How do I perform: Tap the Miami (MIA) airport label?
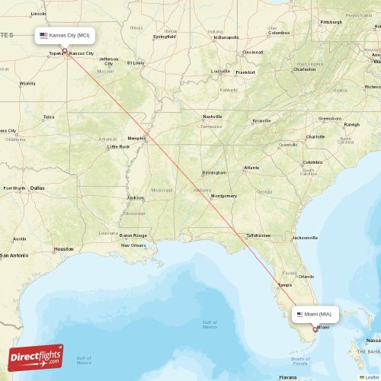tap(315, 314)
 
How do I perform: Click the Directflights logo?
tap(36, 357)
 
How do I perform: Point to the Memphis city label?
tap(136, 138)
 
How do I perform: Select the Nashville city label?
tap(212, 116)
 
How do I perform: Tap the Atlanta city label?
tap(251, 168)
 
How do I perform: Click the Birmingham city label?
tap(214, 172)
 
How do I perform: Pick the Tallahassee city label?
tap(258, 235)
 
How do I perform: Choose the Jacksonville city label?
tap(305, 238)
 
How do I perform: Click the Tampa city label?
tap(284, 285)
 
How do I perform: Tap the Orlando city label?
tap(306, 276)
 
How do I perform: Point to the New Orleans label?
tap(133, 245)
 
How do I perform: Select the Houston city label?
tap(64, 248)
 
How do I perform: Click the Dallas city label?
tap(37, 187)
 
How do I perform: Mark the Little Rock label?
tap(118, 146)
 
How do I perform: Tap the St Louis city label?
tap(136, 63)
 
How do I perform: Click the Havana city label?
tap(287, 377)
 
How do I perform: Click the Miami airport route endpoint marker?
tap(315, 329)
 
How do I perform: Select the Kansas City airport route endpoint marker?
tap(65, 51)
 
